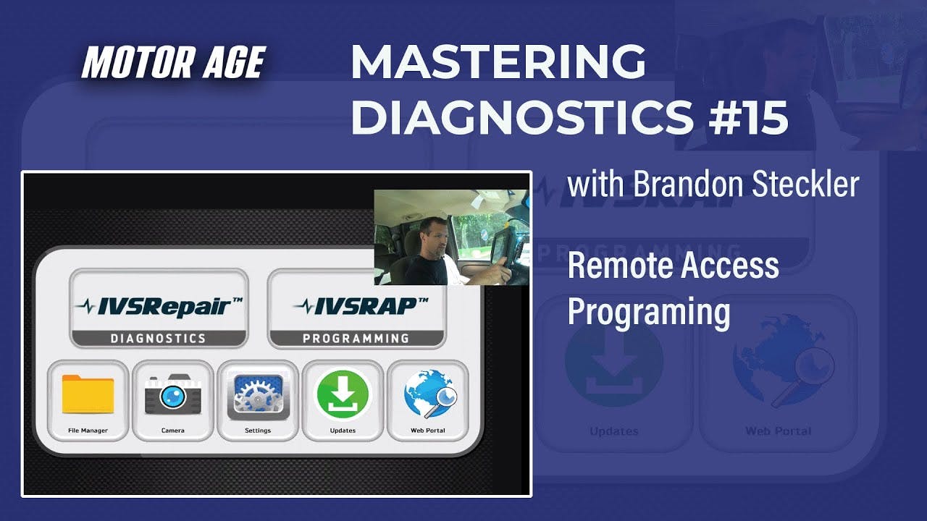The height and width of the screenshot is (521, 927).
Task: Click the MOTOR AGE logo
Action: (x=174, y=62)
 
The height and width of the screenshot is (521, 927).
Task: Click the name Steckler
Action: (x=805, y=184)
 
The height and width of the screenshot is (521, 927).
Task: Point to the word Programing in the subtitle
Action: (x=649, y=313)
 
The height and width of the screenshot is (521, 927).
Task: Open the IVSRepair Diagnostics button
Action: (x=159, y=308)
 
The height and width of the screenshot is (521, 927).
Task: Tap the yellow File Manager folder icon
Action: (x=88, y=394)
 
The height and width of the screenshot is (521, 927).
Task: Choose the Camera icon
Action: (x=173, y=394)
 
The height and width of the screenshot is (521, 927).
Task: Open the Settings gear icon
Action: (x=258, y=396)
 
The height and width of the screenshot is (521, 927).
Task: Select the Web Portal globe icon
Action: (x=430, y=394)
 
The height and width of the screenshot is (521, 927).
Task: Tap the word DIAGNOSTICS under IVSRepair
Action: (x=158, y=339)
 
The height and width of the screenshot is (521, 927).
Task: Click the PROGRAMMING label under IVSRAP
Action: (x=356, y=339)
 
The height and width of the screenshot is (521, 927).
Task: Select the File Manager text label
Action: (x=88, y=431)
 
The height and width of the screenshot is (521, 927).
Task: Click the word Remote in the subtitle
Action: (x=615, y=266)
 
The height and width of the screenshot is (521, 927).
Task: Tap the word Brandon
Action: (x=688, y=184)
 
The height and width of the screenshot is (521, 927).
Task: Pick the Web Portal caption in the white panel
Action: (x=428, y=431)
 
